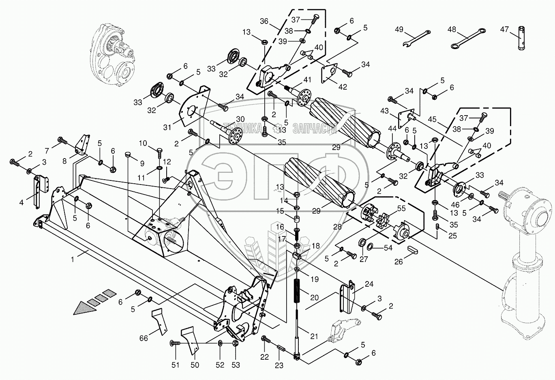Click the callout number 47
pos(504,29)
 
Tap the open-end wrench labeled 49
pos(416,38)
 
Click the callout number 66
pos(144,338)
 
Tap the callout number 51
pos(175,365)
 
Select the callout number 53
pos(235,365)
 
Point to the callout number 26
pos(399,262)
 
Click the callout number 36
pos(264,21)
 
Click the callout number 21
pos(314,336)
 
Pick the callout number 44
pos(392,129)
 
